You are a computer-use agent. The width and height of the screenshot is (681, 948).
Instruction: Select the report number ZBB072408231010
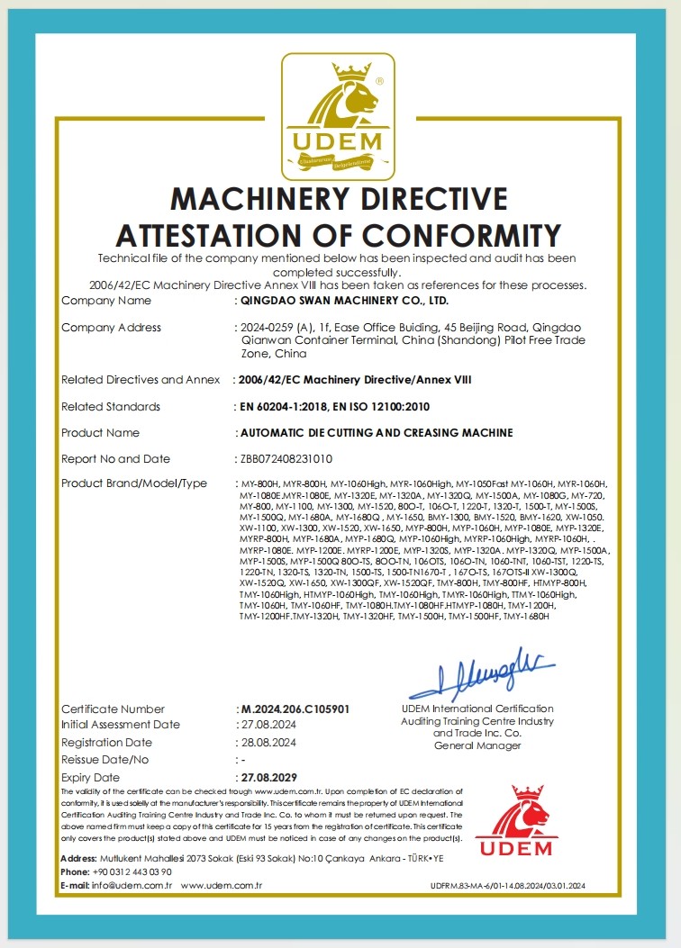pyautogui.click(x=286, y=458)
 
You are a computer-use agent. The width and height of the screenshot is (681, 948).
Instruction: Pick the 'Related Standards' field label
pyautogui.click(x=111, y=407)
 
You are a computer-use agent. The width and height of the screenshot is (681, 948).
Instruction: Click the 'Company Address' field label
pyautogui.click(x=112, y=328)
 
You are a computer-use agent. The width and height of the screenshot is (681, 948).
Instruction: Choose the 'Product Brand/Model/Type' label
pyautogui.click(x=134, y=483)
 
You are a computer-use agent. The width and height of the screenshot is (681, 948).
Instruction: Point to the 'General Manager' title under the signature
pyautogui.click(x=477, y=745)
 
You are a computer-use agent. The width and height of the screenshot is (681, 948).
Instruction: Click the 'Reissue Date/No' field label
pyautogui.click(x=106, y=760)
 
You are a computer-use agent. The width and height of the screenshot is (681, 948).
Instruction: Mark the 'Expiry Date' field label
pyautogui.click(x=90, y=777)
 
